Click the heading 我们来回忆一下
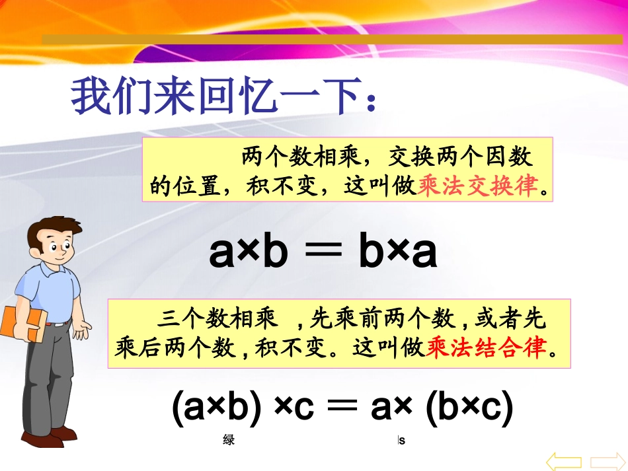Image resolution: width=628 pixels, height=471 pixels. coord(225,97)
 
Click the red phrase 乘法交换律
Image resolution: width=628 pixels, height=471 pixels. coord(479,187)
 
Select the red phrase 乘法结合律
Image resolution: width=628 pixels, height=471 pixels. coord(488,347)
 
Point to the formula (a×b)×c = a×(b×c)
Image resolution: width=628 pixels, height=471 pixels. coord(342,410)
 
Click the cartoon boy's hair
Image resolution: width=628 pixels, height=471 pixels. coord(50,228)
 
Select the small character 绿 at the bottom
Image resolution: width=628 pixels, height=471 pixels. coord(229,440)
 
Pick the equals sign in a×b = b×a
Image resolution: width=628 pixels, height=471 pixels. coord(323,254)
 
